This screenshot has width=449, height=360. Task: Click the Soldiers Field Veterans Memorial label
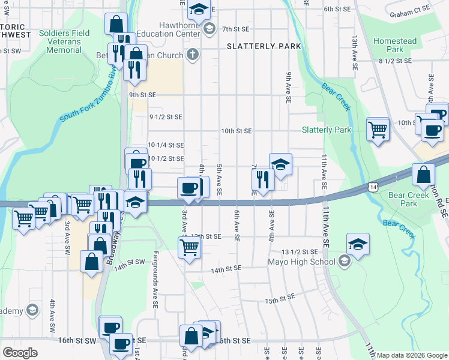click(64, 41)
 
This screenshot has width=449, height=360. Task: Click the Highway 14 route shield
click(373, 188)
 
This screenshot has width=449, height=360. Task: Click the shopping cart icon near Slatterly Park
click(378, 128)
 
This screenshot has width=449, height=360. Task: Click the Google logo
click(20, 353)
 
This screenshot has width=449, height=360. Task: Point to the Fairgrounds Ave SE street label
click(155, 280)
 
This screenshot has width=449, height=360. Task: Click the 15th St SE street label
click(279, 298)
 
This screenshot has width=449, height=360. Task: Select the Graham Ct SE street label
click(410, 10)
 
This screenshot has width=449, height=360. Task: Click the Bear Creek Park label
click(403, 199)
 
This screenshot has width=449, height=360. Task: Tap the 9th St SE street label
click(142, 95)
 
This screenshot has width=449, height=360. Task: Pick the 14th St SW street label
click(130, 263)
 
